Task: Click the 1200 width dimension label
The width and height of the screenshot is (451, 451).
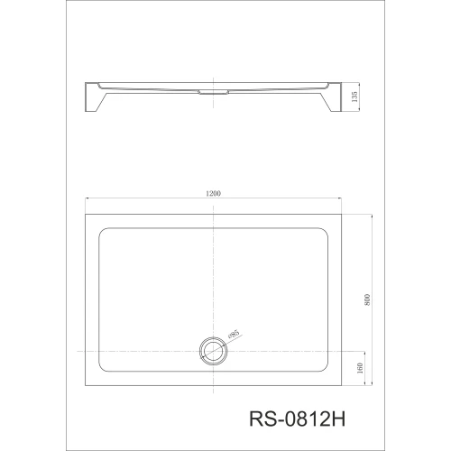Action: (x=213, y=193)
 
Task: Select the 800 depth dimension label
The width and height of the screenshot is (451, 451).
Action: (x=367, y=299)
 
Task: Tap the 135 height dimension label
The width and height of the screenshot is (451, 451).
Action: (x=354, y=97)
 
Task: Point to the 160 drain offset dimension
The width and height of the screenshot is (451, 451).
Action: (x=360, y=368)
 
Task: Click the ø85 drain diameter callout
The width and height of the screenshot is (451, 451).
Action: (x=234, y=335)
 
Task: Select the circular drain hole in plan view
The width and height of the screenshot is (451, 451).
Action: (x=213, y=351)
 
